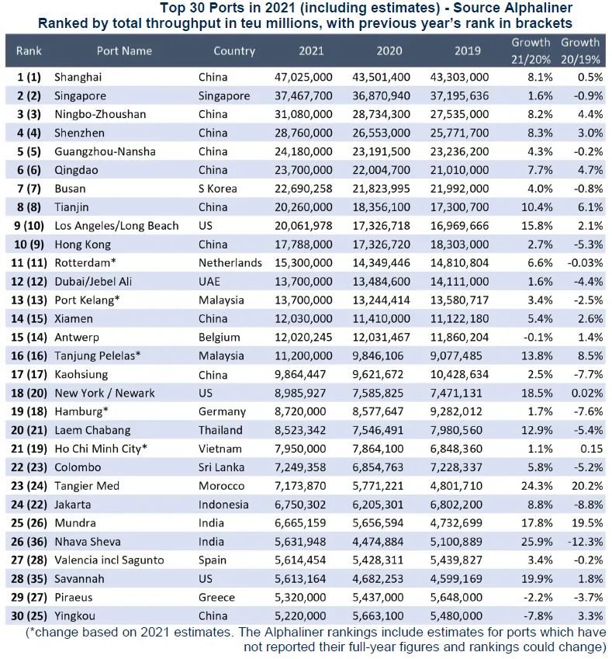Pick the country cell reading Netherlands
[230, 263]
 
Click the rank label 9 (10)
[29, 226]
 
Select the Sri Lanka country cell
[222, 467]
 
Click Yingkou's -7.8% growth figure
[537, 616]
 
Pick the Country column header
[233, 50]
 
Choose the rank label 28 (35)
[29, 578]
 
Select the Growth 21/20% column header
[531, 50]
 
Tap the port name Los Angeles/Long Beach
[116, 226]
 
